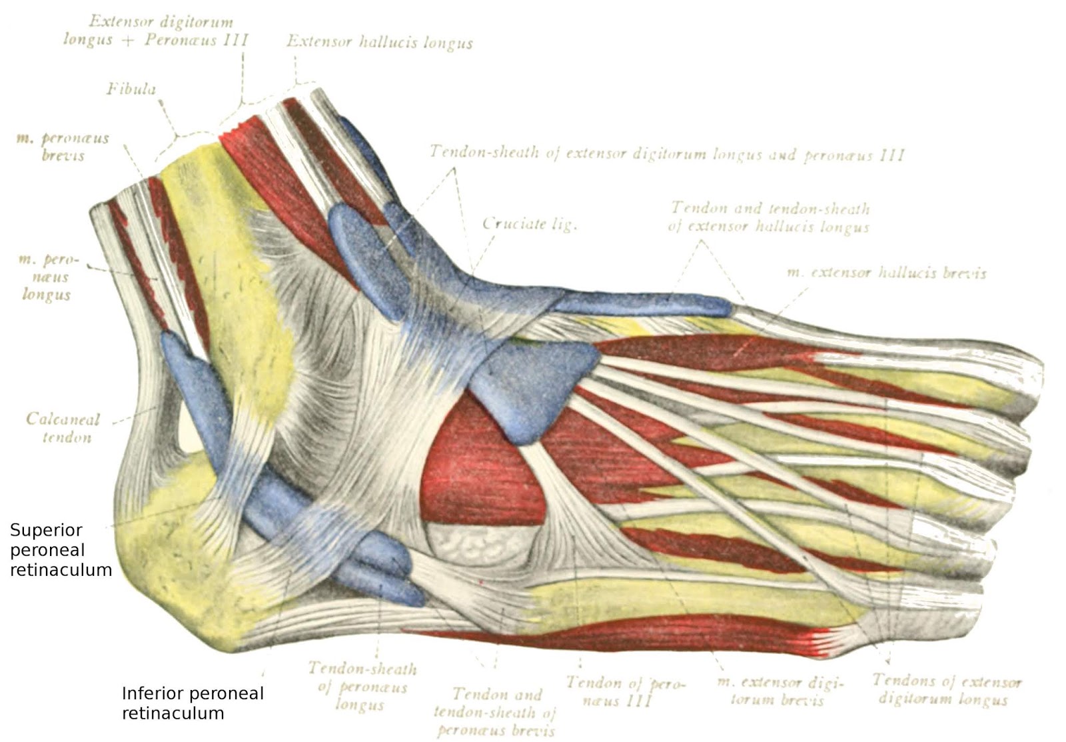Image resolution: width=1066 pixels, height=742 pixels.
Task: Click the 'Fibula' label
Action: click(x=131, y=89)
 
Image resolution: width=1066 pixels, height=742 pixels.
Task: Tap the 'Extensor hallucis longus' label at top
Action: click(x=379, y=42)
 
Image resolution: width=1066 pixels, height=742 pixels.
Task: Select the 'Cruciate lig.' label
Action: click(x=530, y=224)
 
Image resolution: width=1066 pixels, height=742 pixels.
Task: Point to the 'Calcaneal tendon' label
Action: click(x=63, y=428)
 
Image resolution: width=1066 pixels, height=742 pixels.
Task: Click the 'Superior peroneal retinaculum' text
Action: click(x=60, y=550)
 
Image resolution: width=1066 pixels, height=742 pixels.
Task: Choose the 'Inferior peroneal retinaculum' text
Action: click(x=193, y=703)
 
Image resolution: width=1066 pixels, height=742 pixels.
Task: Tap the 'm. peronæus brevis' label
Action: click(x=63, y=147)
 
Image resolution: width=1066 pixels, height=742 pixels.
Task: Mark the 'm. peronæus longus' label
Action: click(x=48, y=277)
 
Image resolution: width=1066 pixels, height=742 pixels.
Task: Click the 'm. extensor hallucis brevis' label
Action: click(x=886, y=273)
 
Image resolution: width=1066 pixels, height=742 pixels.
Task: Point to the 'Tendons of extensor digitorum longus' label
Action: click(x=946, y=689)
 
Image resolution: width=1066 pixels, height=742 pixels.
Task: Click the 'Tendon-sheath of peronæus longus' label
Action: click(x=362, y=686)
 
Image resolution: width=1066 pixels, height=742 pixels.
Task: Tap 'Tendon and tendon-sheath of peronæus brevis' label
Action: click(x=494, y=712)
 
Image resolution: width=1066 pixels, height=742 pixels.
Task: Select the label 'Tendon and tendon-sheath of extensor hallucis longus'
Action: click(x=770, y=217)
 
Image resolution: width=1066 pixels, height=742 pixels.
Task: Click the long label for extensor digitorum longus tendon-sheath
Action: click(x=666, y=153)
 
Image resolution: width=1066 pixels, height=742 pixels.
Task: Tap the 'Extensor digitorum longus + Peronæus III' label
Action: click(x=156, y=31)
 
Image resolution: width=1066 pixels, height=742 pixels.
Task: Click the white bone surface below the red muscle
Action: click(x=480, y=540)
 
